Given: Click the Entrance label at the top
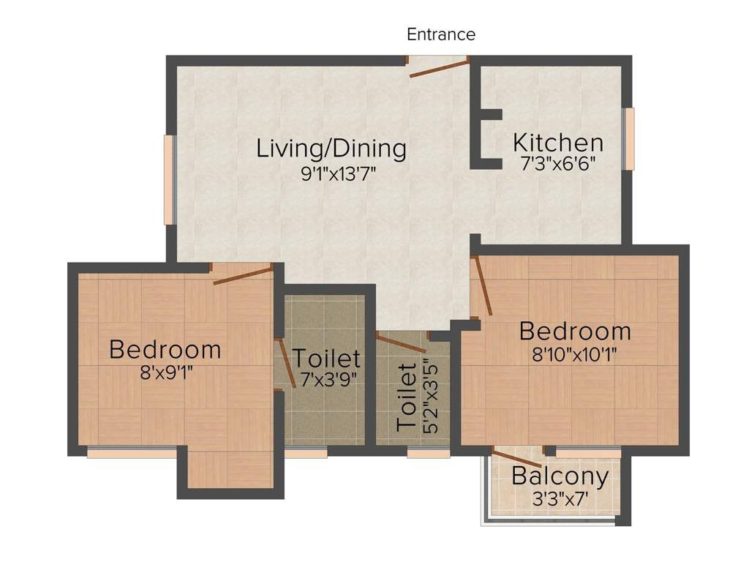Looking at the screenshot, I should point(441,34).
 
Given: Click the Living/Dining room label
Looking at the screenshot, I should point(331,148).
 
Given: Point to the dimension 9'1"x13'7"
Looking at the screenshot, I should point(331,174).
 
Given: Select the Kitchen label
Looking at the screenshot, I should point(558,142).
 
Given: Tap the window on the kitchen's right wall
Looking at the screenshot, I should point(628,139).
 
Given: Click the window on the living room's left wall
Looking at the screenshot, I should point(169,179).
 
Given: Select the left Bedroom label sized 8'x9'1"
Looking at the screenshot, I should point(165,349).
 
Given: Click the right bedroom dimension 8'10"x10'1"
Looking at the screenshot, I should point(574,355).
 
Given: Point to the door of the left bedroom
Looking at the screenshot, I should point(243,276).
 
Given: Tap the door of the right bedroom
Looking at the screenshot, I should point(483,285).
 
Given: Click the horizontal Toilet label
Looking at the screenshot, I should point(326,359).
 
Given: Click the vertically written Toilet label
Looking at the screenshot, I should point(406,396).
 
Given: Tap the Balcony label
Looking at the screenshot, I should point(560,476).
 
